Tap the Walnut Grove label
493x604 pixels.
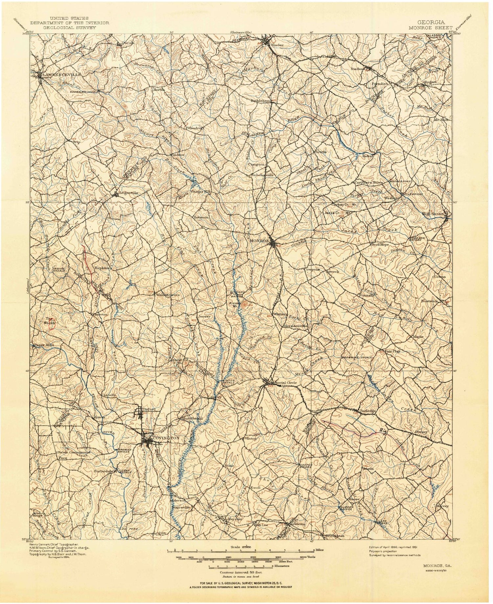168,295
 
